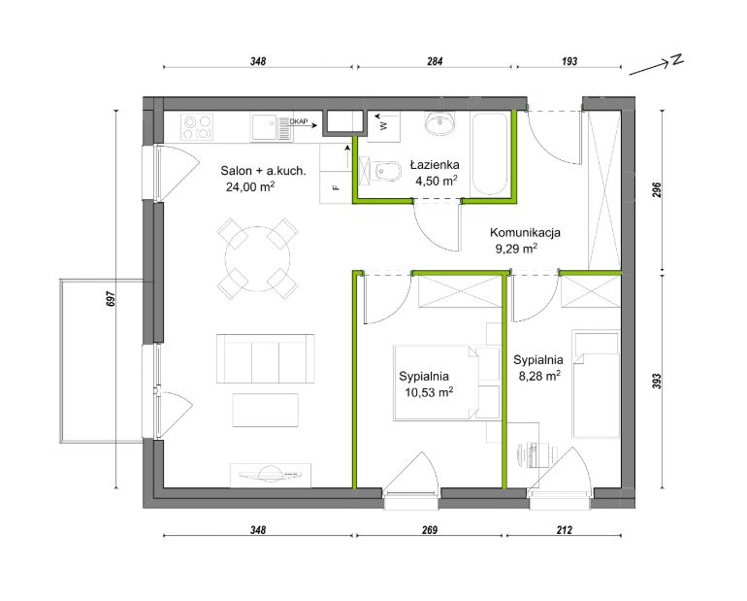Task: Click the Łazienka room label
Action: click(435, 165)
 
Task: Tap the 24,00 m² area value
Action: click(250, 186)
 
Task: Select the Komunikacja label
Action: click(525, 233)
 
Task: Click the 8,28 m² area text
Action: click(539, 376)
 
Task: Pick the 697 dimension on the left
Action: click(112, 299)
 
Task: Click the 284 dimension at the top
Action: click(435, 61)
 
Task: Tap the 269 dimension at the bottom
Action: click(429, 529)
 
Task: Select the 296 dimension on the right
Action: click(657, 190)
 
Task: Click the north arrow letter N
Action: click(677, 59)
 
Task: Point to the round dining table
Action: click(258, 259)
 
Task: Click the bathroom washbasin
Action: click(439, 123)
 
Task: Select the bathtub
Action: click(489, 153)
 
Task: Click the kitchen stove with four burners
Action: click(197, 127)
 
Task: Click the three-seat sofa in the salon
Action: click(266, 358)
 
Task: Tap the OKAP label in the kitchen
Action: click(299, 121)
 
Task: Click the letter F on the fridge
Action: click(337, 187)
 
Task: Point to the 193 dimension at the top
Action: click(569, 61)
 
